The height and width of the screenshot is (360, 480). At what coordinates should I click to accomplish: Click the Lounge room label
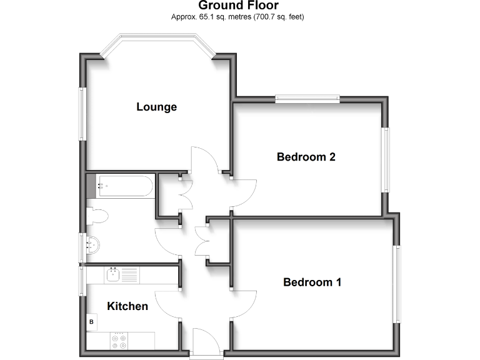pos(156,107)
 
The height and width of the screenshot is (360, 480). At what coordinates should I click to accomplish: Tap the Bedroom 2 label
pos(306,157)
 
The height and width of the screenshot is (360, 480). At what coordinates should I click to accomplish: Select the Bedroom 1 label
pos(312,282)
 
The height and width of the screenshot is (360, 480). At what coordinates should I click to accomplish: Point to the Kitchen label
pos(127,306)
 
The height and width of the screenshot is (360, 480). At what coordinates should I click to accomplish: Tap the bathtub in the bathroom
pos(124,186)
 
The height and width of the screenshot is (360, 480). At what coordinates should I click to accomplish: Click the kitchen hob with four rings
pos(118,341)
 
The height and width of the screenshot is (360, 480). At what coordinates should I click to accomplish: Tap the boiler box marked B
pos(92,322)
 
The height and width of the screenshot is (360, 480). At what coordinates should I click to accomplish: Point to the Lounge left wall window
pos(81,113)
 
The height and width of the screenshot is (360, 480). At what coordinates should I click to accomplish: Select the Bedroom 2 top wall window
pos(307,98)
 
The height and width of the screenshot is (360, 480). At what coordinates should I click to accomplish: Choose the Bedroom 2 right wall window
pos(386,160)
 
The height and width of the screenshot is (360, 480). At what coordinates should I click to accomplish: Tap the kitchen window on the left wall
pos(81,281)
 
